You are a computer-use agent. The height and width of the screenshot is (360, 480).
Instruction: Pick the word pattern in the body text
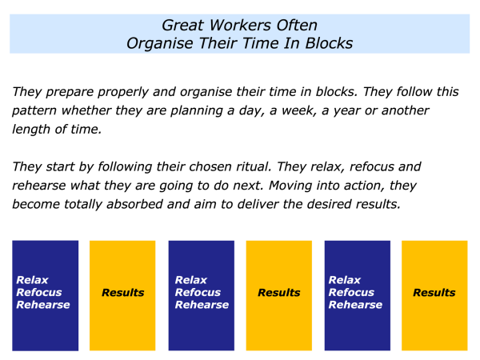click(x=34, y=111)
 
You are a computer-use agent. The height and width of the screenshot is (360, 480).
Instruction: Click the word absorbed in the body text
click(x=134, y=204)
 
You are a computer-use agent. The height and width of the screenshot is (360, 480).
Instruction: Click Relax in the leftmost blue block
click(x=32, y=280)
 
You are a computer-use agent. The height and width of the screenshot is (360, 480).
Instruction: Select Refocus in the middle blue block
click(x=198, y=292)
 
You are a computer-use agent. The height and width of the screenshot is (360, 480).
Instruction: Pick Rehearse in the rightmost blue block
click(x=355, y=305)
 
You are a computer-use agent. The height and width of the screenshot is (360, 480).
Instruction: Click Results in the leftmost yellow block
click(x=123, y=292)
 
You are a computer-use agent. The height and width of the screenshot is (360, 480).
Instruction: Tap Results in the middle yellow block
click(x=279, y=292)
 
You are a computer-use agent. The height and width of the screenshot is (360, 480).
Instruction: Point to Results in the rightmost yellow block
click(x=434, y=292)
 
